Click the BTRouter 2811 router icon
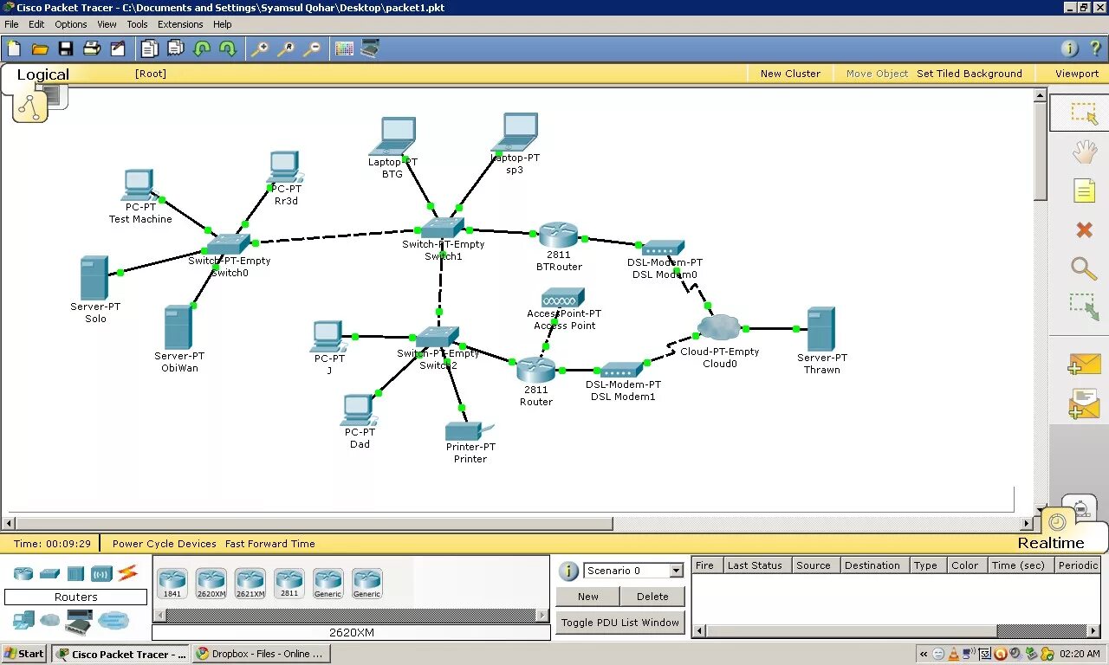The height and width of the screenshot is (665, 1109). (558, 235)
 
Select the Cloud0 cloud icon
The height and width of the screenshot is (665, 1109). (719, 328)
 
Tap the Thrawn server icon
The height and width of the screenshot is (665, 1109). (820, 329)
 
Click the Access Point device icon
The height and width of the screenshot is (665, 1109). (563, 298)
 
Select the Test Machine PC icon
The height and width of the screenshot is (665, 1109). (139, 184)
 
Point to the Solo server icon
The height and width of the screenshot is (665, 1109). (94, 277)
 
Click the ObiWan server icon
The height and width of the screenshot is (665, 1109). (178, 327)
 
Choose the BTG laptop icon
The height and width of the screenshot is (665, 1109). (395, 136)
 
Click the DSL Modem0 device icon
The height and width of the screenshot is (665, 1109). (664, 249)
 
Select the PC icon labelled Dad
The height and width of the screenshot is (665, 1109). (357, 410)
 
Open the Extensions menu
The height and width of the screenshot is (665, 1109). (180, 24)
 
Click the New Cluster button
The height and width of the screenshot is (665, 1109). (790, 74)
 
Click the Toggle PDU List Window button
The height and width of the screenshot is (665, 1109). (620, 623)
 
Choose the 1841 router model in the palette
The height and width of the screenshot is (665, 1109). (172, 582)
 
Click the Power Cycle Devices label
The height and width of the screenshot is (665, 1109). (165, 544)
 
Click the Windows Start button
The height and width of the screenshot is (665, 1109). (24, 654)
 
